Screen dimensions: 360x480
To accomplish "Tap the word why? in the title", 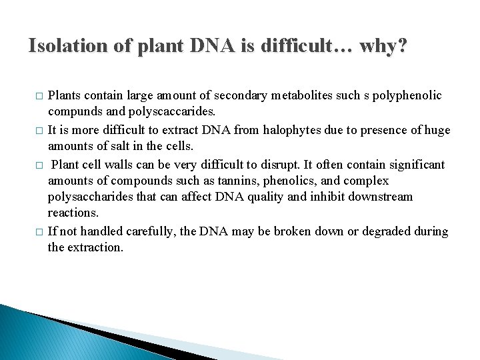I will tap(383, 46).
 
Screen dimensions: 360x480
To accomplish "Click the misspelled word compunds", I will tap(75, 111).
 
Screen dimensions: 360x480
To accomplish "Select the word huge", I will tap(437, 130).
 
